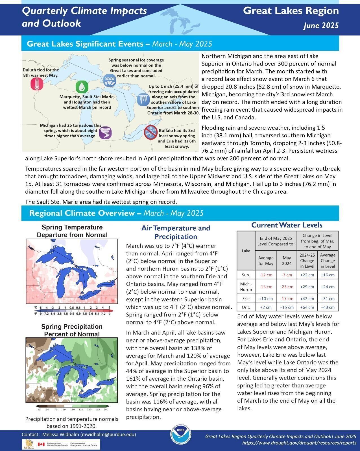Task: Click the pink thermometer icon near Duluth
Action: [37, 84]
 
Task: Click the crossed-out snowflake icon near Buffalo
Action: [150, 132]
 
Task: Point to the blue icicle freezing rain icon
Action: [143, 99]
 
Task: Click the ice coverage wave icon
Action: [109, 80]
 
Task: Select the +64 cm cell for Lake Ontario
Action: [307, 307]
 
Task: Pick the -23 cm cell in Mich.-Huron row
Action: [287, 287]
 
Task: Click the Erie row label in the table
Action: [246, 299]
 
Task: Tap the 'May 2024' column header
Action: [287, 261]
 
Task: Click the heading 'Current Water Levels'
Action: [287, 225]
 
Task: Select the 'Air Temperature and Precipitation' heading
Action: [176, 232]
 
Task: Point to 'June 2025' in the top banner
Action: [321, 26]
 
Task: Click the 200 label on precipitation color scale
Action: [106, 409]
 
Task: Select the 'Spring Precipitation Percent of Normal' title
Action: [72, 330]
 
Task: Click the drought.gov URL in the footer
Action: [299, 443]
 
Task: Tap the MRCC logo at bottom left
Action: [28, 444]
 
